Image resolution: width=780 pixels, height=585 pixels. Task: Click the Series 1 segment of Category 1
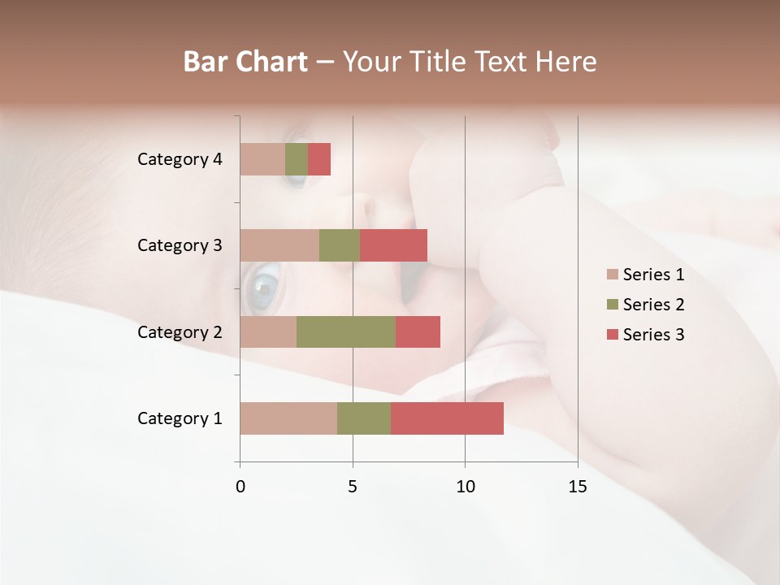(x=288, y=418)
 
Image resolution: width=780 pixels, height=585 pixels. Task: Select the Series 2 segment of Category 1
(x=363, y=418)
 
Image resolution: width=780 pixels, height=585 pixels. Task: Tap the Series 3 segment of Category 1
(x=447, y=418)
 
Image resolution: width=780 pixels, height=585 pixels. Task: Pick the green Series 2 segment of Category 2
(x=345, y=331)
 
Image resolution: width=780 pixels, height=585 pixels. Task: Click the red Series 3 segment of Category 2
(x=418, y=331)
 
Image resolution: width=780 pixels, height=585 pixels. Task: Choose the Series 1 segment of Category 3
(x=279, y=245)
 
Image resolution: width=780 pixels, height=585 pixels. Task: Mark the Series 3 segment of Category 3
(x=393, y=245)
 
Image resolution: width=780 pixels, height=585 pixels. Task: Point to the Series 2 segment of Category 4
(x=297, y=159)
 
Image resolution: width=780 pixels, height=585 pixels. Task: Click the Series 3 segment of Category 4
(x=319, y=159)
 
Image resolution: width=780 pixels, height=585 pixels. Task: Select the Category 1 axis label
(x=180, y=418)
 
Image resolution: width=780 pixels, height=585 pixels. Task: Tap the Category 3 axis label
(x=180, y=245)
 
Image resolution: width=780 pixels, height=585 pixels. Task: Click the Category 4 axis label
(x=180, y=159)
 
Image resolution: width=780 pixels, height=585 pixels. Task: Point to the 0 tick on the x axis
(x=240, y=487)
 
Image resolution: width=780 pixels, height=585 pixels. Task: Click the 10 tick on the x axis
(x=465, y=487)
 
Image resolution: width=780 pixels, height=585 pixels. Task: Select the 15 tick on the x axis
(x=578, y=487)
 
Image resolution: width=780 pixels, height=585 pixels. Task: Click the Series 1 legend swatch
(x=612, y=275)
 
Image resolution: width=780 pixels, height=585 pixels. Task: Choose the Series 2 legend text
(x=653, y=305)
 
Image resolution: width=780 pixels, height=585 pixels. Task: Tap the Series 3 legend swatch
(x=612, y=335)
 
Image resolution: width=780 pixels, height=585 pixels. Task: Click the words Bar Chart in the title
(x=245, y=62)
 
